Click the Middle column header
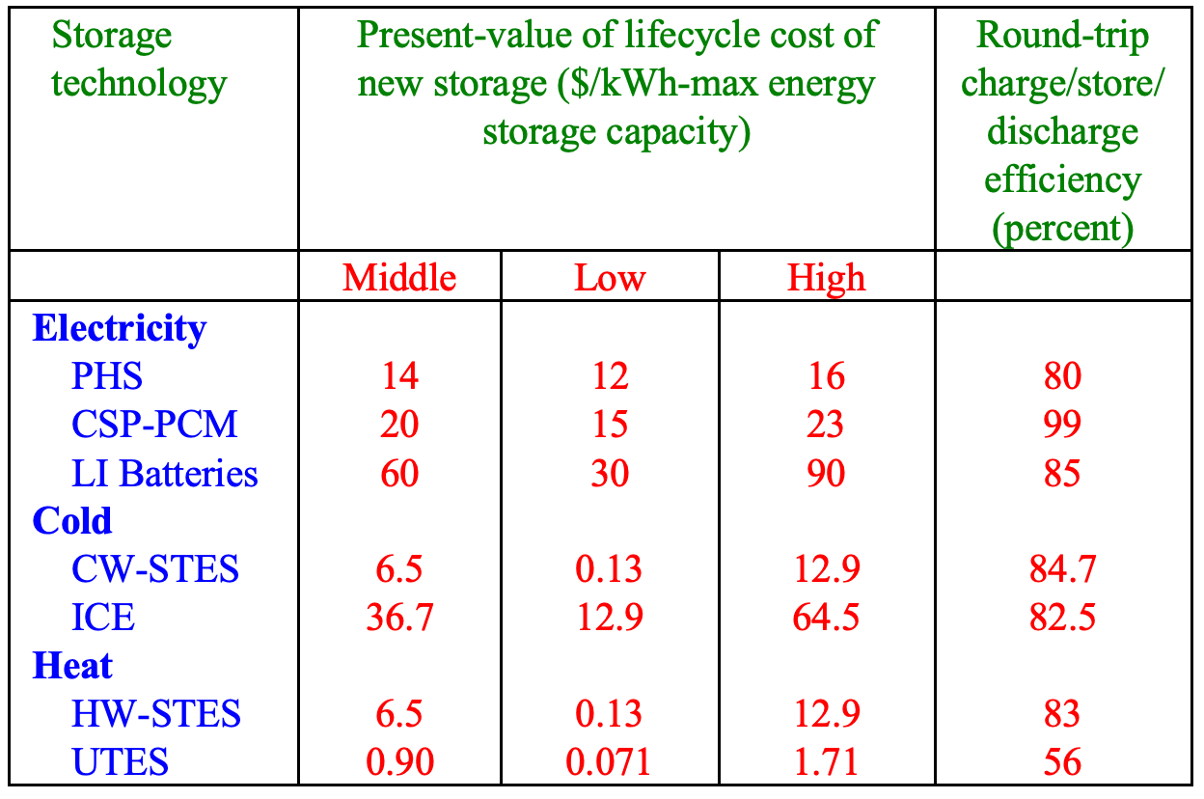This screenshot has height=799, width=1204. pos(399,278)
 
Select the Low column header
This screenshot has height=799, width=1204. pos(610,278)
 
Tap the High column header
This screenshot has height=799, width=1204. pos(827,278)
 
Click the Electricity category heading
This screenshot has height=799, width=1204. pos(120,328)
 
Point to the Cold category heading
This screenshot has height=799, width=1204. pos(72,521)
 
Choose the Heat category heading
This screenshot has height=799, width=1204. pos(72,666)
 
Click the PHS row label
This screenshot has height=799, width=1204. pos(106,376)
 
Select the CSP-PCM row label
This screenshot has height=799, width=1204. pos(154,425)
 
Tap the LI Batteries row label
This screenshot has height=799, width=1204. pos(165,473)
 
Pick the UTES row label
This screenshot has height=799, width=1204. pos(120,762)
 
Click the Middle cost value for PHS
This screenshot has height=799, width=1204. pos(399,376)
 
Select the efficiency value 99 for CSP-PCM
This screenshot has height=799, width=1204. pos(1062,425)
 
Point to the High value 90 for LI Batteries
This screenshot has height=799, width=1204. pos(827,473)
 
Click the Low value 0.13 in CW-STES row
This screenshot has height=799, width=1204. pos(610,569)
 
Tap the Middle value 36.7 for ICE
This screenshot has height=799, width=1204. pos(399,618)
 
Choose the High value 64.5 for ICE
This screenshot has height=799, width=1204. pos(827,618)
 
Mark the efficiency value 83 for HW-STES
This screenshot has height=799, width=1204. pos(1062,714)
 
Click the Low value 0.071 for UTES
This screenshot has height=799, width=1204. pos(610,762)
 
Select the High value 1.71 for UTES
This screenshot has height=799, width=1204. pos(827,762)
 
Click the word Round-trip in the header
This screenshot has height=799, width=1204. pos(1062,37)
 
